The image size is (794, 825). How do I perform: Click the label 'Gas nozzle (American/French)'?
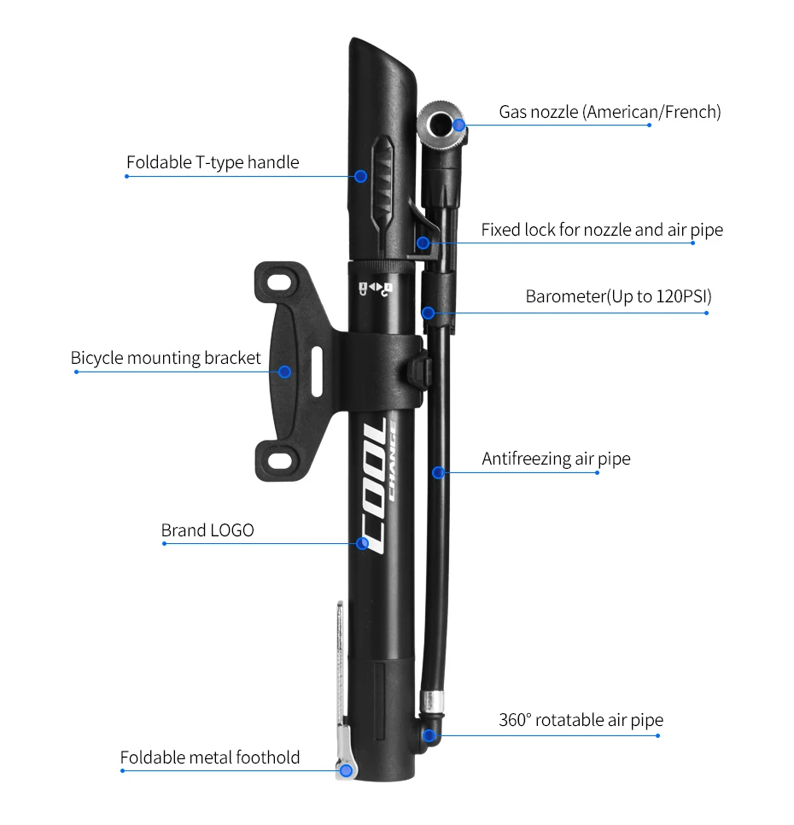coord(610,112)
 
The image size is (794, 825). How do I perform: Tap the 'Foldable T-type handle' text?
coord(213,162)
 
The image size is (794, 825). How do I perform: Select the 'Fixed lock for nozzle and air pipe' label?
coord(602,230)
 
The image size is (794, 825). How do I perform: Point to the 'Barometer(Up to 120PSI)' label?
coord(618,296)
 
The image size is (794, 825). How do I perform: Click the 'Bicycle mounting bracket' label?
coord(166,359)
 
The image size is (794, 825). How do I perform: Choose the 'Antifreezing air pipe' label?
coord(556,459)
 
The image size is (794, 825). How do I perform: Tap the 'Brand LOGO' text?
coord(207,530)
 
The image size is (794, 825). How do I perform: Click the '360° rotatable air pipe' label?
coord(581,720)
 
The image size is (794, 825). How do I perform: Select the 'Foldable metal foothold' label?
coord(210,758)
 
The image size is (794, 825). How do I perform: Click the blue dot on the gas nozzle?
coord(458,126)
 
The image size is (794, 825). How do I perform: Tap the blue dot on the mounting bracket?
coord(284,372)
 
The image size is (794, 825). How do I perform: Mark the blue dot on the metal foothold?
coord(346,771)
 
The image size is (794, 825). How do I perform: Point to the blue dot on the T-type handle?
coord(360,176)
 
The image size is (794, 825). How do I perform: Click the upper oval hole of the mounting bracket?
coord(278,283)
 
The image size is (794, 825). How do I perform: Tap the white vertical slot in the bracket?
coord(317,371)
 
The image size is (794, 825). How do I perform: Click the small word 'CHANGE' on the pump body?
coord(392,461)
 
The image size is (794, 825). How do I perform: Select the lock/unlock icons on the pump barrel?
coord(375,289)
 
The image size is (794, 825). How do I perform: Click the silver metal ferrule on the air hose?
coord(431,702)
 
